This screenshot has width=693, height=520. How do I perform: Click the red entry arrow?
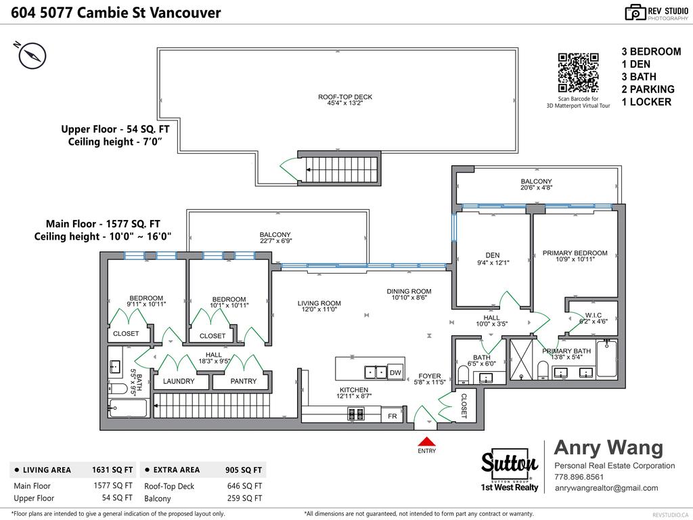426,441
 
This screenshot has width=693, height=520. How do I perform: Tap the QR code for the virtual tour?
578,72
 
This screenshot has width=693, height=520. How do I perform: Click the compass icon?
32,56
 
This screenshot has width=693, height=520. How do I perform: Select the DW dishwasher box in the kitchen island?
395,372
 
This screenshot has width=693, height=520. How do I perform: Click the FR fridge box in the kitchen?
392,416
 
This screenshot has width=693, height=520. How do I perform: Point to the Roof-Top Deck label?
345,97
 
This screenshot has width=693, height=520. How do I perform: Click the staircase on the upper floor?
340,167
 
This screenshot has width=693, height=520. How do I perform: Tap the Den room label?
492,255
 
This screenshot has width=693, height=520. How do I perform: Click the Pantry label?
243,381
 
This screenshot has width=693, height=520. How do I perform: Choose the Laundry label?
179,381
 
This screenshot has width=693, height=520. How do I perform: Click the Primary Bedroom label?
575,253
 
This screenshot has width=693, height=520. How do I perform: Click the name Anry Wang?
608,448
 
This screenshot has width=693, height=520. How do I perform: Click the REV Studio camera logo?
635,12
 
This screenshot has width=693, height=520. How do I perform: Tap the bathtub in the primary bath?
606,359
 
